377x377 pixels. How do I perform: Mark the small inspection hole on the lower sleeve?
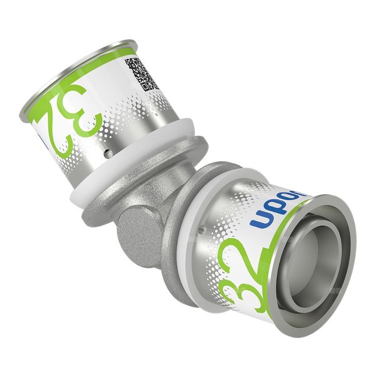pyautogui.click(x=201, y=231)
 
